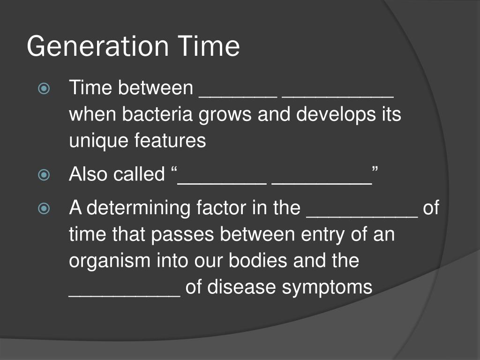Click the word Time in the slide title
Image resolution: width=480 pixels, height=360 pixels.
pyautogui.click(x=209, y=47)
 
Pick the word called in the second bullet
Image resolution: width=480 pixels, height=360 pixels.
pyautogui.click(x=139, y=174)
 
